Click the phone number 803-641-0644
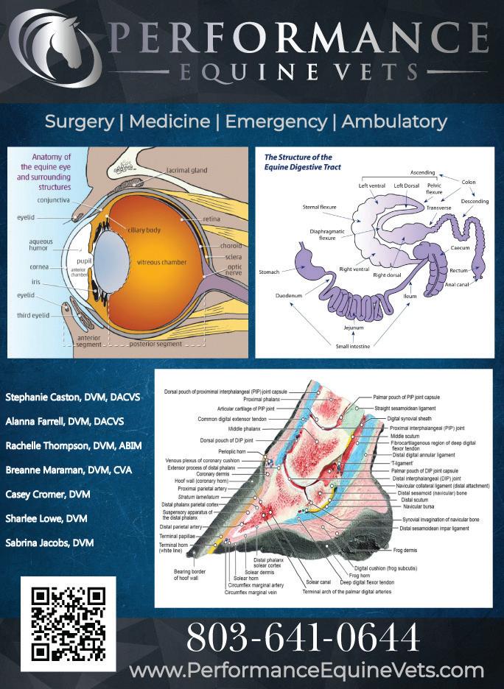click(x=303, y=637)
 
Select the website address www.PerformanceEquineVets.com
click(x=306, y=671)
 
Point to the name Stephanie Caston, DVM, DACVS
click(x=72, y=397)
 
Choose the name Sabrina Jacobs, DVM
click(x=49, y=543)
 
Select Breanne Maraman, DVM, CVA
click(x=68, y=470)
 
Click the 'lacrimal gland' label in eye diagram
click(x=186, y=170)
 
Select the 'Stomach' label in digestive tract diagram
click(x=269, y=272)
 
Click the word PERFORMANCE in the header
click(x=298, y=36)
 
